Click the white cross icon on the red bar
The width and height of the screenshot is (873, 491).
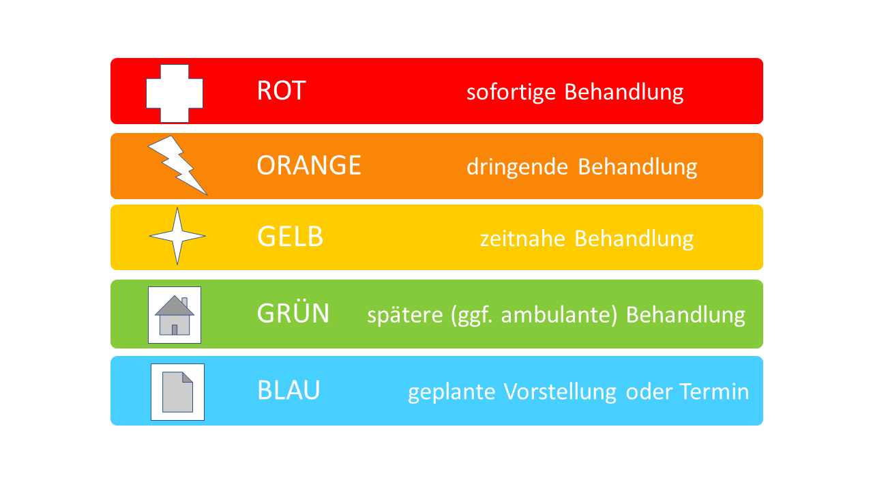(175, 93)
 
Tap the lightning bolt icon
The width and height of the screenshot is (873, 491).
(178, 165)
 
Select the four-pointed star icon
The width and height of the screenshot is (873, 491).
(177, 236)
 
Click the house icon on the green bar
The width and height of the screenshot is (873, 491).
(175, 315)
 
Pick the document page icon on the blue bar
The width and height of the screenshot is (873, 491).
(178, 392)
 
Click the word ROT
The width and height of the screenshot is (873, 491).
(282, 91)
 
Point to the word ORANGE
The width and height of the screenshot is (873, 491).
(309, 165)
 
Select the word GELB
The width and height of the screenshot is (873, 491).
(291, 237)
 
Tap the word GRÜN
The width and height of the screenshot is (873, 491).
(293, 312)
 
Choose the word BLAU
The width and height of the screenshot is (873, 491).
(288, 390)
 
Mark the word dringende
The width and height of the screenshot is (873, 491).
(518, 168)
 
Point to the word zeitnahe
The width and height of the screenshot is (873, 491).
(522, 239)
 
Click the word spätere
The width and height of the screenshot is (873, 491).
(405, 315)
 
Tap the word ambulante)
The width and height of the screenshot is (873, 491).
(559, 315)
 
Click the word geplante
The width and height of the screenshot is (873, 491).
(452, 392)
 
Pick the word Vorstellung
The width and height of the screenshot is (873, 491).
(560, 391)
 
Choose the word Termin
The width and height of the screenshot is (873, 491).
(714, 391)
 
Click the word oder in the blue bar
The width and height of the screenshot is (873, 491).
(649, 391)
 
